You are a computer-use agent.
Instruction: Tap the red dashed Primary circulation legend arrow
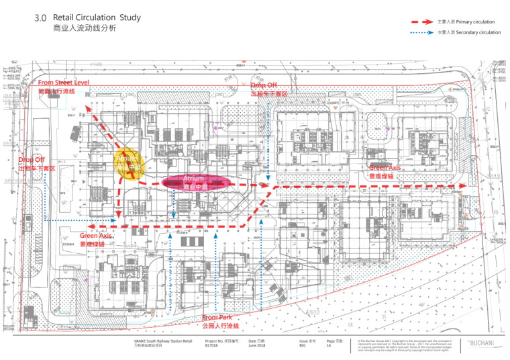point(424,22)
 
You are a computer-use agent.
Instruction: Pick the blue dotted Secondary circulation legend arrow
point(424,32)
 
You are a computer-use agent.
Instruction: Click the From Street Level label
point(64,83)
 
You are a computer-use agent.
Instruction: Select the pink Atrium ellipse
point(194,182)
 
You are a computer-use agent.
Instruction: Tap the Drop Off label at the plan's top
point(265,86)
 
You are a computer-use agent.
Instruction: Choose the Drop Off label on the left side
point(32,160)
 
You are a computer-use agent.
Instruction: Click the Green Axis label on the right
point(385,167)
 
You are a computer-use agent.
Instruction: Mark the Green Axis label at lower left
point(96,236)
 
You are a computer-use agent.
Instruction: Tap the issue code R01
point(303,347)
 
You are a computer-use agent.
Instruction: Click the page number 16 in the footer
point(329,347)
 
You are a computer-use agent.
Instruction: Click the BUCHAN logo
point(480,344)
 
